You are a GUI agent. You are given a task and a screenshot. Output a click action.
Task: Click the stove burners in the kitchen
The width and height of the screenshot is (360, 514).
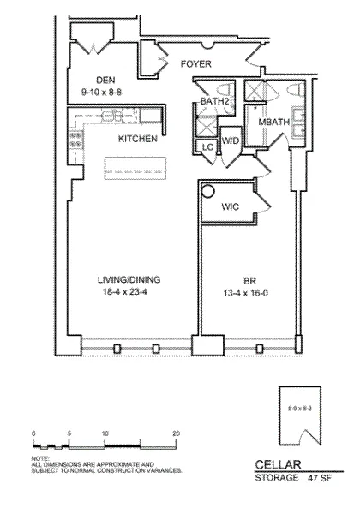[75, 135]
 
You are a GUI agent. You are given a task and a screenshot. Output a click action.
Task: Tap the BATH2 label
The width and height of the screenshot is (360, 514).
[216, 103]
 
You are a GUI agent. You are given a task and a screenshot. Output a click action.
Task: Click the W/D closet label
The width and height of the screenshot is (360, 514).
[230, 140]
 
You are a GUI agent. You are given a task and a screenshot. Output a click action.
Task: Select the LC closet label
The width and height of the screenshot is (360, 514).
[207, 146]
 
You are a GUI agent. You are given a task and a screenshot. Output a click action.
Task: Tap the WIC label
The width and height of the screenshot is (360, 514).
[231, 206]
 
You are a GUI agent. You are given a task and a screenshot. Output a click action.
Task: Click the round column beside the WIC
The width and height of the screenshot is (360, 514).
[207, 192]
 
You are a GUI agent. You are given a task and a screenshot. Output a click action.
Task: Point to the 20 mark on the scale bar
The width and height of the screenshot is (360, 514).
[176, 434]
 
